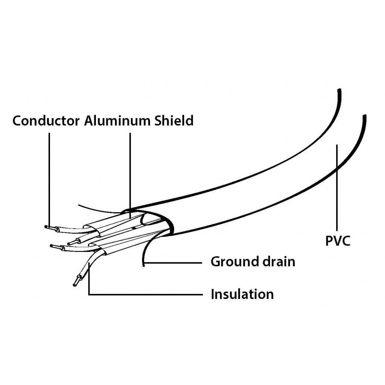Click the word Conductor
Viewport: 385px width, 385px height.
click(46, 121)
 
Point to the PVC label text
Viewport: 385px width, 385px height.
click(338, 241)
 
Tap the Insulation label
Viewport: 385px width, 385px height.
click(242, 294)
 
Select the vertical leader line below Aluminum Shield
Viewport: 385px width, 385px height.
click(130, 169)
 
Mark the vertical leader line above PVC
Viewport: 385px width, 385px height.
click(337, 188)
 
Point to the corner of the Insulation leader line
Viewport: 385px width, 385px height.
click(89, 294)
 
